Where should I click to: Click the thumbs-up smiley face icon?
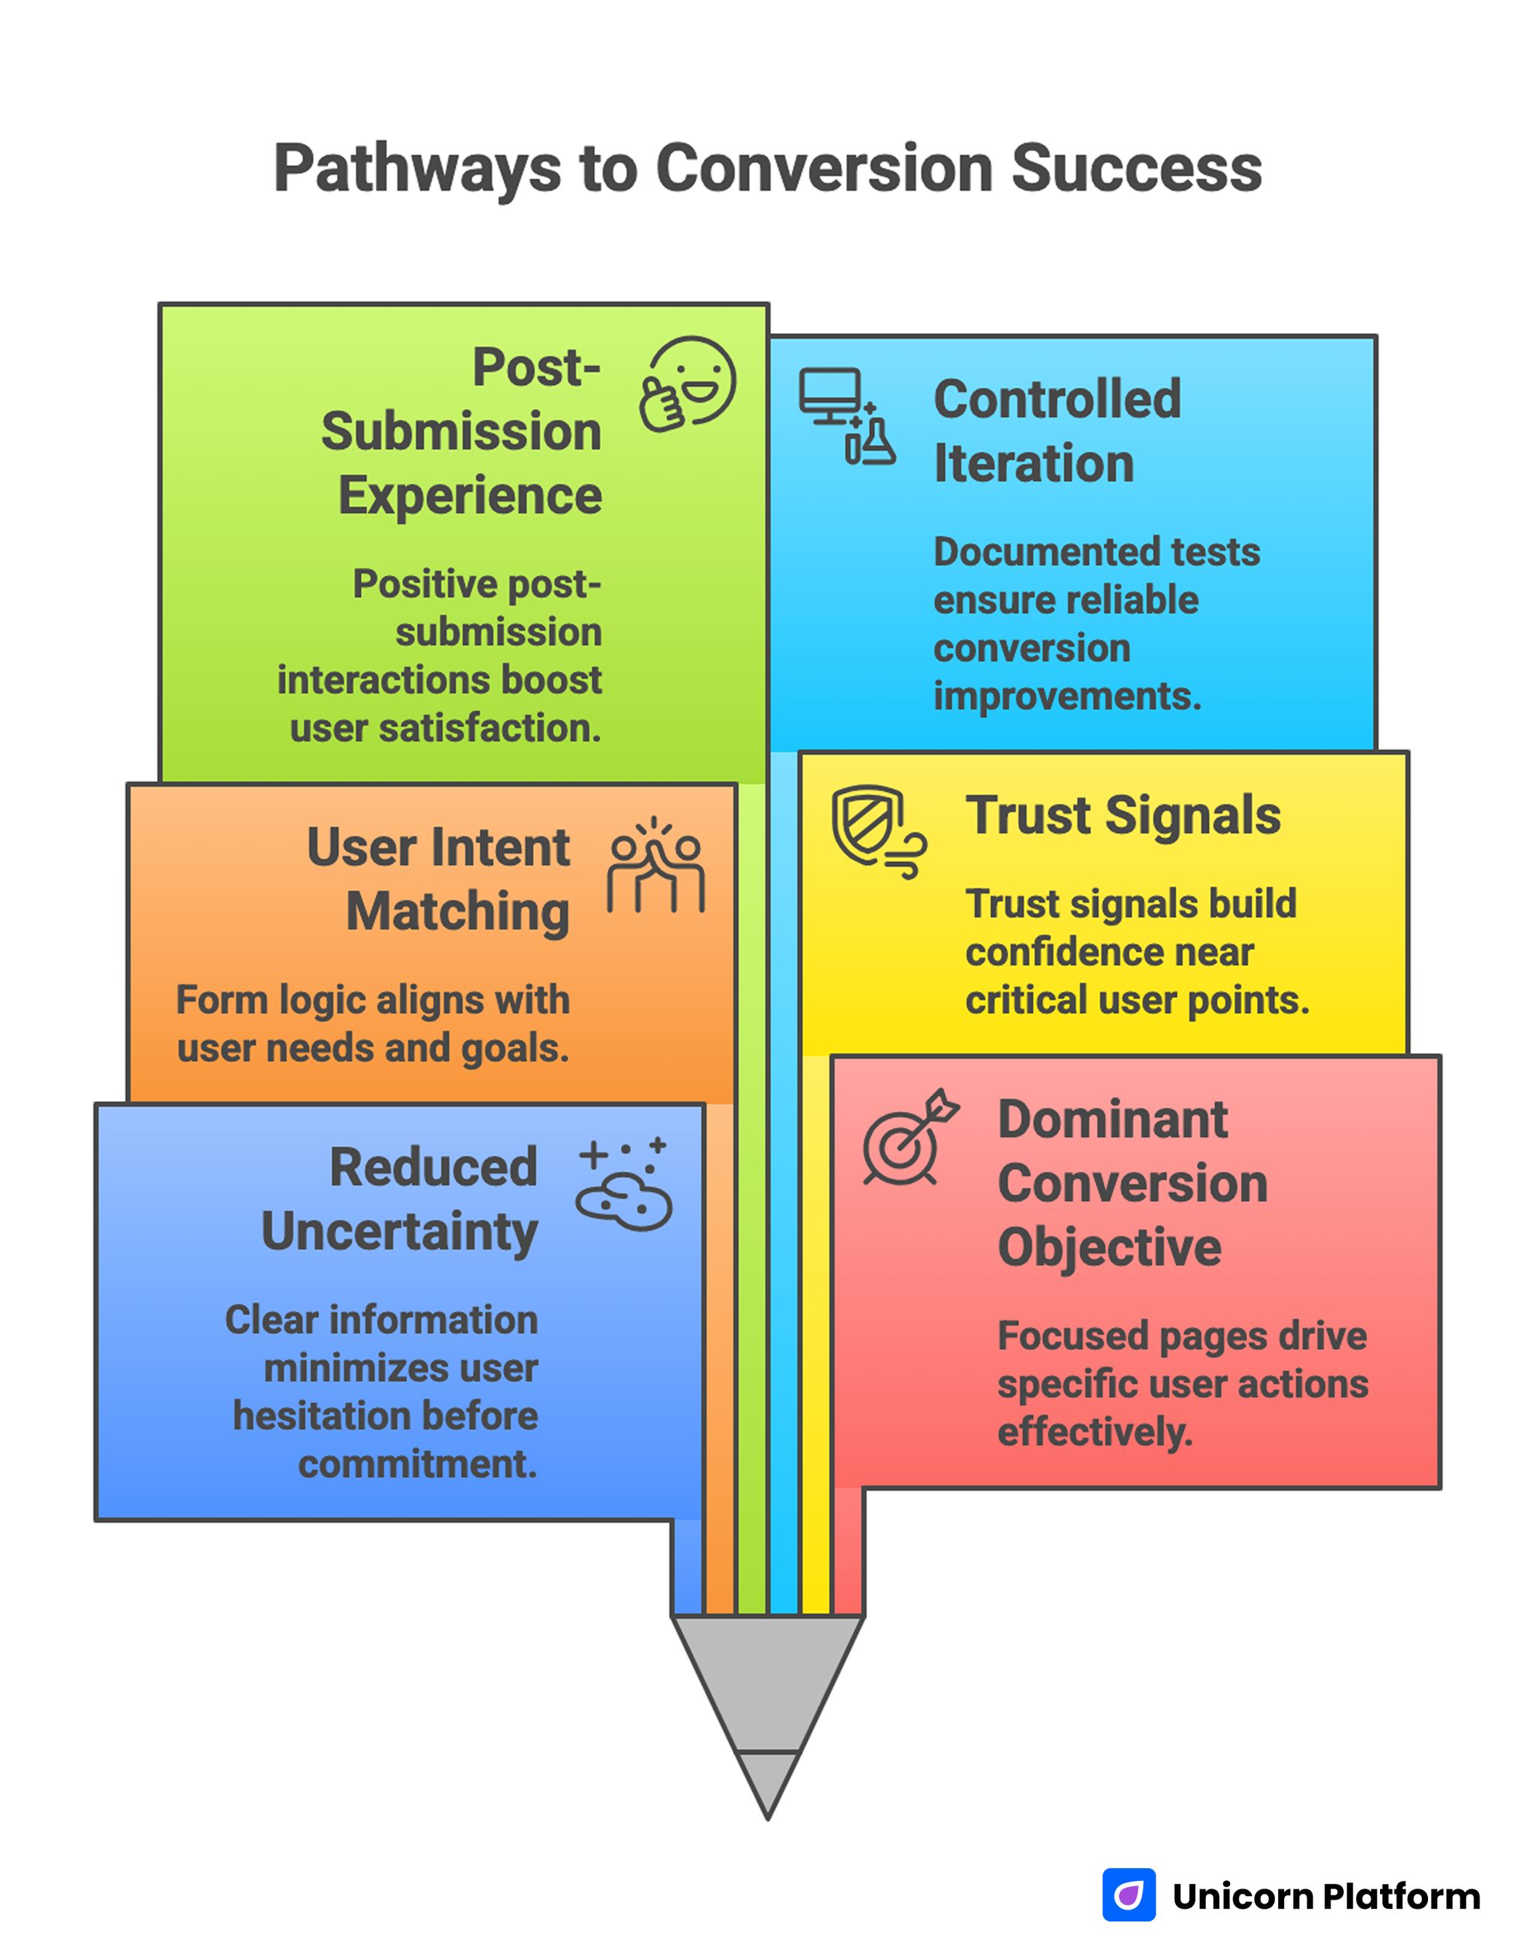click(688, 384)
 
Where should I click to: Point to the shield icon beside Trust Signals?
click(877, 830)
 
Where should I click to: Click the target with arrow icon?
click(909, 1138)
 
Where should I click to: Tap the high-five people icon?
click(655, 865)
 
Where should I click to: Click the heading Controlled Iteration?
click(1057, 430)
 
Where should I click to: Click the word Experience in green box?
click(469, 496)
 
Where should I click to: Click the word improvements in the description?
click(1066, 696)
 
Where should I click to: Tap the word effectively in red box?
click(1094, 1432)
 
